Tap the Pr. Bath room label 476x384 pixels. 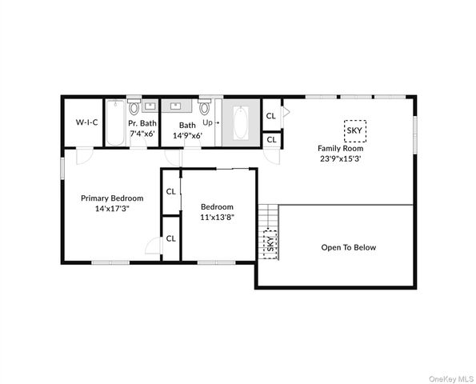143,123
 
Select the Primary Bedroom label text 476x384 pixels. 112,198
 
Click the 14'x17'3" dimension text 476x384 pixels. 112,210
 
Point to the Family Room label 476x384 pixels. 340,148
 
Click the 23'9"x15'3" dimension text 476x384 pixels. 340,158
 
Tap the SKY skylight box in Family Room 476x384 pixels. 354,130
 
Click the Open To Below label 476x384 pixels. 348,247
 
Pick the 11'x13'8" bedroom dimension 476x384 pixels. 217,217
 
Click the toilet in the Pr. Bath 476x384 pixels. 134,107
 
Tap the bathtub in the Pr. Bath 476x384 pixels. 115,122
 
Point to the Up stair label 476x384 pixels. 206,123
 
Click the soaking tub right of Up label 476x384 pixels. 241,123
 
